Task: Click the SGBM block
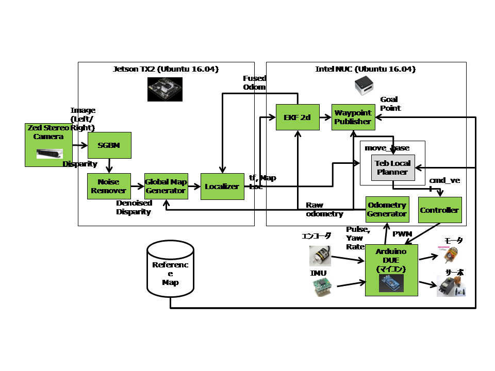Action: tap(109, 145)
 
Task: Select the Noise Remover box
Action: tap(108, 186)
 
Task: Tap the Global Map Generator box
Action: tap(166, 186)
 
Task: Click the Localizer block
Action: tap(222, 186)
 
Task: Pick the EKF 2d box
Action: tap(298, 117)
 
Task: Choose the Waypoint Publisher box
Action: tap(353, 117)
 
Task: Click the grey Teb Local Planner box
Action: tap(393, 167)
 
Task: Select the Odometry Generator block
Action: tap(387, 209)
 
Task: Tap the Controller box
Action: tap(439, 210)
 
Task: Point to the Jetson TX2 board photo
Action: tap(164, 89)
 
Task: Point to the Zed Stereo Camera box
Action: tap(49, 145)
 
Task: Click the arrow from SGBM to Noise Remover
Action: tap(109, 165)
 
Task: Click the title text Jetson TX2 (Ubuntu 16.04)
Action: tap(166, 69)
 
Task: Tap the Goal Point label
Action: tap(390, 104)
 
